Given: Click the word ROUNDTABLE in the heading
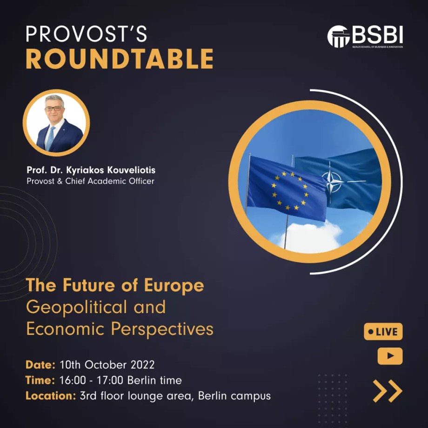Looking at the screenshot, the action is (x=120, y=59).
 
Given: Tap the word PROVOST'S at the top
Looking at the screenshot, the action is (x=87, y=34).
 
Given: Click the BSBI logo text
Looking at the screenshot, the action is (x=377, y=35).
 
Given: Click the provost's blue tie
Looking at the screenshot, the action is (x=51, y=138).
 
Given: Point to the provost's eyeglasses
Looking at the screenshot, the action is (x=53, y=109).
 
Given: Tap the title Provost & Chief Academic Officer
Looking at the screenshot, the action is (x=90, y=181).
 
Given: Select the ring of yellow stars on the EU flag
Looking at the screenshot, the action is (x=290, y=191).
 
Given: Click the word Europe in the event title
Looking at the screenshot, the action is (x=174, y=286).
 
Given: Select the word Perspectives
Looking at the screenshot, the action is (x=162, y=329).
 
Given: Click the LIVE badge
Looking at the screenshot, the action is (x=383, y=332).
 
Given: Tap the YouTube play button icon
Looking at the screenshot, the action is (x=390, y=356).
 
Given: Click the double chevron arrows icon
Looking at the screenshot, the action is (x=388, y=391).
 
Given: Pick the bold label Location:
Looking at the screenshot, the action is (x=51, y=396).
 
